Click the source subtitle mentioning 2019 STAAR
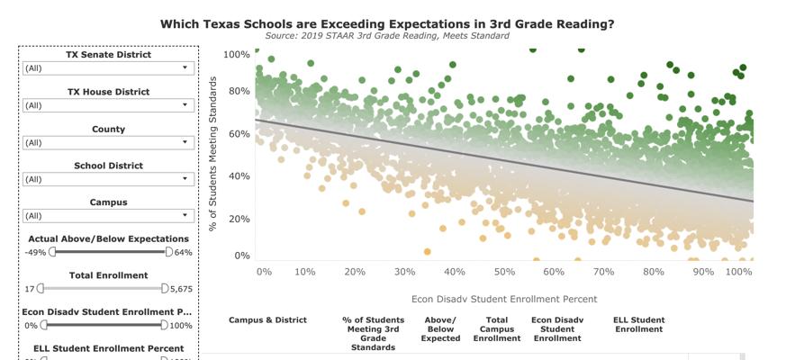coord(387,36)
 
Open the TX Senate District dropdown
coord(108,67)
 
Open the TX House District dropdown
coord(108,105)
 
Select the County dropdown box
coord(108,142)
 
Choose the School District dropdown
coord(108,179)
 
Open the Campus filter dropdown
coord(108,216)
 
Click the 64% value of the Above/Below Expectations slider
coord(184,253)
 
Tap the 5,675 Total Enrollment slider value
coord(182,290)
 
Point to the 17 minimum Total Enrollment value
coord(30,290)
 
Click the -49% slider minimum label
coord(36,253)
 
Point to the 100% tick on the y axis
coord(236,55)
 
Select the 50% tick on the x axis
coord(503,272)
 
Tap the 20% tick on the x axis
coord(354,272)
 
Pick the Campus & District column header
coord(267,320)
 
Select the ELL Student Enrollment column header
coord(638,325)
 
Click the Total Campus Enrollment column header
coord(497,329)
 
